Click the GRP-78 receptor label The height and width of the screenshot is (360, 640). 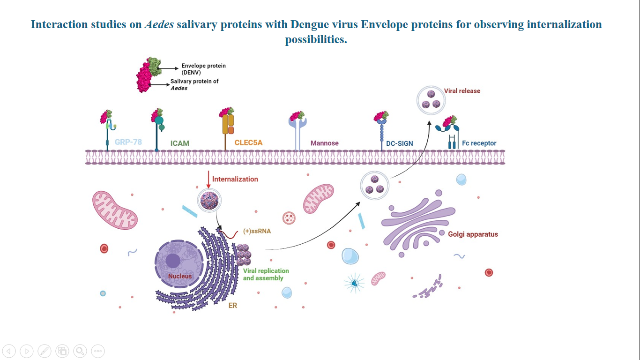click(x=128, y=142)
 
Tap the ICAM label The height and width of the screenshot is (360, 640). click(x=180, y=143)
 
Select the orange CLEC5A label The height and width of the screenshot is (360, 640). click(x=248, y=142)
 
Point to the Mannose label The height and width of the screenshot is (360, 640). click(x=324, y=143)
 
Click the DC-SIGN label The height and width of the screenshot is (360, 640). click(x=399, y=143)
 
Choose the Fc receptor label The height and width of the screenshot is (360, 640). click(x=479, y=143)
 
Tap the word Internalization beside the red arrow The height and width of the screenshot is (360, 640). click(x=235, y=179)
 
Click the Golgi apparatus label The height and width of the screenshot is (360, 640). click(x=473, y=234)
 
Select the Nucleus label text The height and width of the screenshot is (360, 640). click(x=180, y=276)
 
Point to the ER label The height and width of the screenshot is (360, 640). click(x=232, y=306)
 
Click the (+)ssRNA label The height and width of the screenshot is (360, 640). click(x=257, y=231)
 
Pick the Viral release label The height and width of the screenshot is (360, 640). click(x=462, y=91)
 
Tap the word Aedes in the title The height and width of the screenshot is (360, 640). click(x=159, y=24)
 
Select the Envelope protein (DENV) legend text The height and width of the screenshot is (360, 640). click(x=203, y=69)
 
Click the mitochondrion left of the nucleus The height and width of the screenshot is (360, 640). click(x=115, y=210)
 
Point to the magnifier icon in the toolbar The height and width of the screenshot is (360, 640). click(x=80, y=351)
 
